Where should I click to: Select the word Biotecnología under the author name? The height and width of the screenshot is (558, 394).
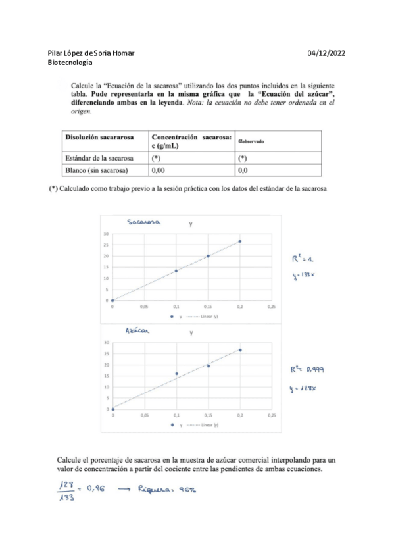[x=70, y=63]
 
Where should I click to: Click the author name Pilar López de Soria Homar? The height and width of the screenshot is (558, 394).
[x=95, y=53]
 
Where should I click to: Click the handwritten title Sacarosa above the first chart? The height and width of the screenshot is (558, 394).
[x=144, y=223]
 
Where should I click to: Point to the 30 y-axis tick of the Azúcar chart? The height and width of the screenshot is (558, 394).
[x=107, y=343]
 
